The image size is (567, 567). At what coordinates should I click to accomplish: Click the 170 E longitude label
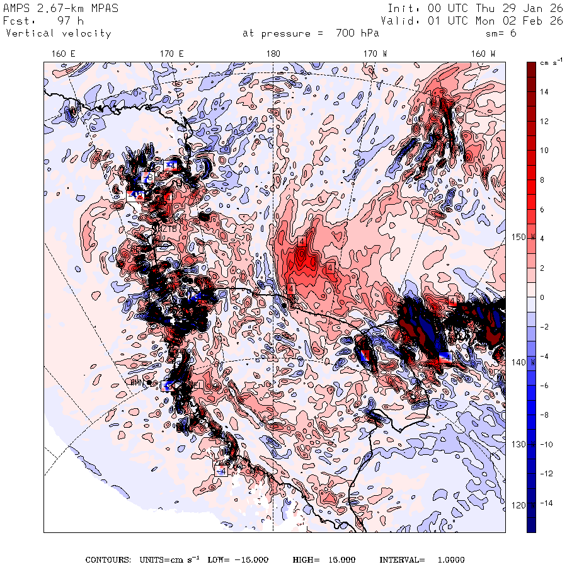click(171, 54)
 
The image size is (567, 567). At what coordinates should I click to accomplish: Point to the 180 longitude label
click(273, 54)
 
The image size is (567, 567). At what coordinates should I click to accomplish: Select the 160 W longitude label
click(483, 54)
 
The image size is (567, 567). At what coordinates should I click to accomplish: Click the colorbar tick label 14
click(544, 91)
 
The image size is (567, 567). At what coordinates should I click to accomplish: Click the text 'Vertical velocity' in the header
click(58, 33)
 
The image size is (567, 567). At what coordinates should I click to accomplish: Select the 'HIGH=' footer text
click(307, 560)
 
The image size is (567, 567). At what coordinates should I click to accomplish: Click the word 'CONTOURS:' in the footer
click(108, 560)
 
